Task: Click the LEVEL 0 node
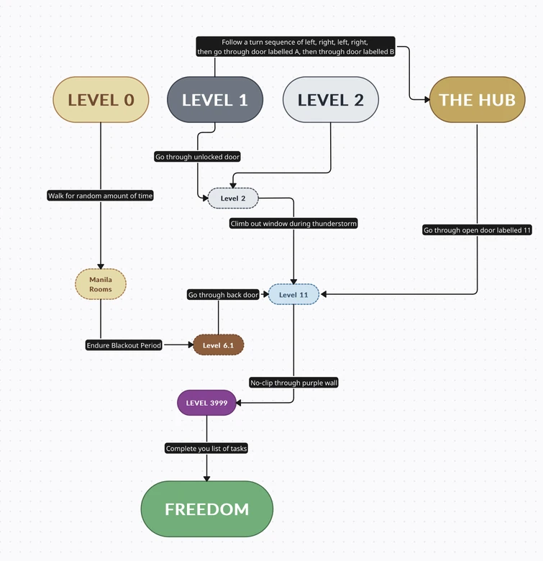pos(101,100)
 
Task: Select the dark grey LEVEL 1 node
pos(215,100)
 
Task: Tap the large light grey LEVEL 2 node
pos(331,100)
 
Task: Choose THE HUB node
pos(477,100)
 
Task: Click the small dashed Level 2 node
pos(233,198)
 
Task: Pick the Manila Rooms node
pos(101,283)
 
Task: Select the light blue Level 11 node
pos(293,294)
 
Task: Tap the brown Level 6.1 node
pos(219,345)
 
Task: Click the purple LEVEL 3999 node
pos(206,403)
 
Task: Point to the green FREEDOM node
pos(206,509)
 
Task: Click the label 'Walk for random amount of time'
pos(101,196)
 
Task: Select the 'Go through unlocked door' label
pos(198,157)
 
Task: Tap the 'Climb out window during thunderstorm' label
pos(293,224)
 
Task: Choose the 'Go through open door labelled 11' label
pos(477,230)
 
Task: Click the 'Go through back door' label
pos(223,295)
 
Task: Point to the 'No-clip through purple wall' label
pos(293,383)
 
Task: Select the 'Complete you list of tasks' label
pos(206,449)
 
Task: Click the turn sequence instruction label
pos(296,47)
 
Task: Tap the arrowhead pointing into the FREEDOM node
pos(206,478)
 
